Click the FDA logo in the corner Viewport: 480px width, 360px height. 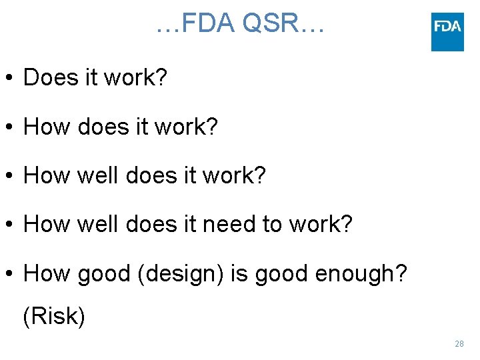click(447, 31)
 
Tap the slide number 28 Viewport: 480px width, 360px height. click(459, 344)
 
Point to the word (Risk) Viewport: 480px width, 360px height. click(54, 316)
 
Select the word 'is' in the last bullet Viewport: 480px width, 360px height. click(238, 273)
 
